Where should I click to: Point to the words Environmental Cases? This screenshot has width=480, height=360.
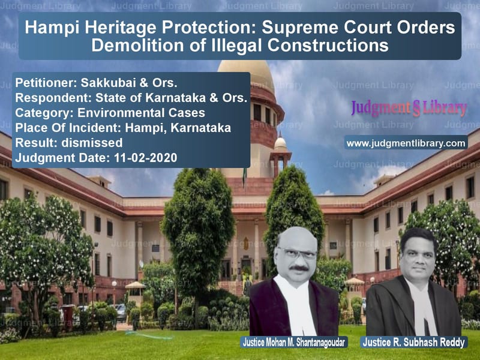[x=141, y=113]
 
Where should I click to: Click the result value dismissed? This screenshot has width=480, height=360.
[x=92, y=143]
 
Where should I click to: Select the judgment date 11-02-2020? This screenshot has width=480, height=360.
[x=145, y=158]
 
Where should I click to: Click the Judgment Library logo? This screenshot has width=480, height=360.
[x=409, y=109]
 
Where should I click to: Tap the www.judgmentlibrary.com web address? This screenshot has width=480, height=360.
[x=406, y=143]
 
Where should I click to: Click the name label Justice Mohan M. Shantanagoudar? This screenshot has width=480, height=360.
[x=294, y=342]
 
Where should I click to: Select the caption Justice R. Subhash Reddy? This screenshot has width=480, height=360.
[x=413, y=342]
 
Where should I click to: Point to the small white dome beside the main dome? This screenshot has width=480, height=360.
[x=280, y=143]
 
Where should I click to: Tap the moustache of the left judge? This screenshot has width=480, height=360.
[x=299, y=268]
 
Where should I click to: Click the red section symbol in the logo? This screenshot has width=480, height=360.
[x=416, y=109]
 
